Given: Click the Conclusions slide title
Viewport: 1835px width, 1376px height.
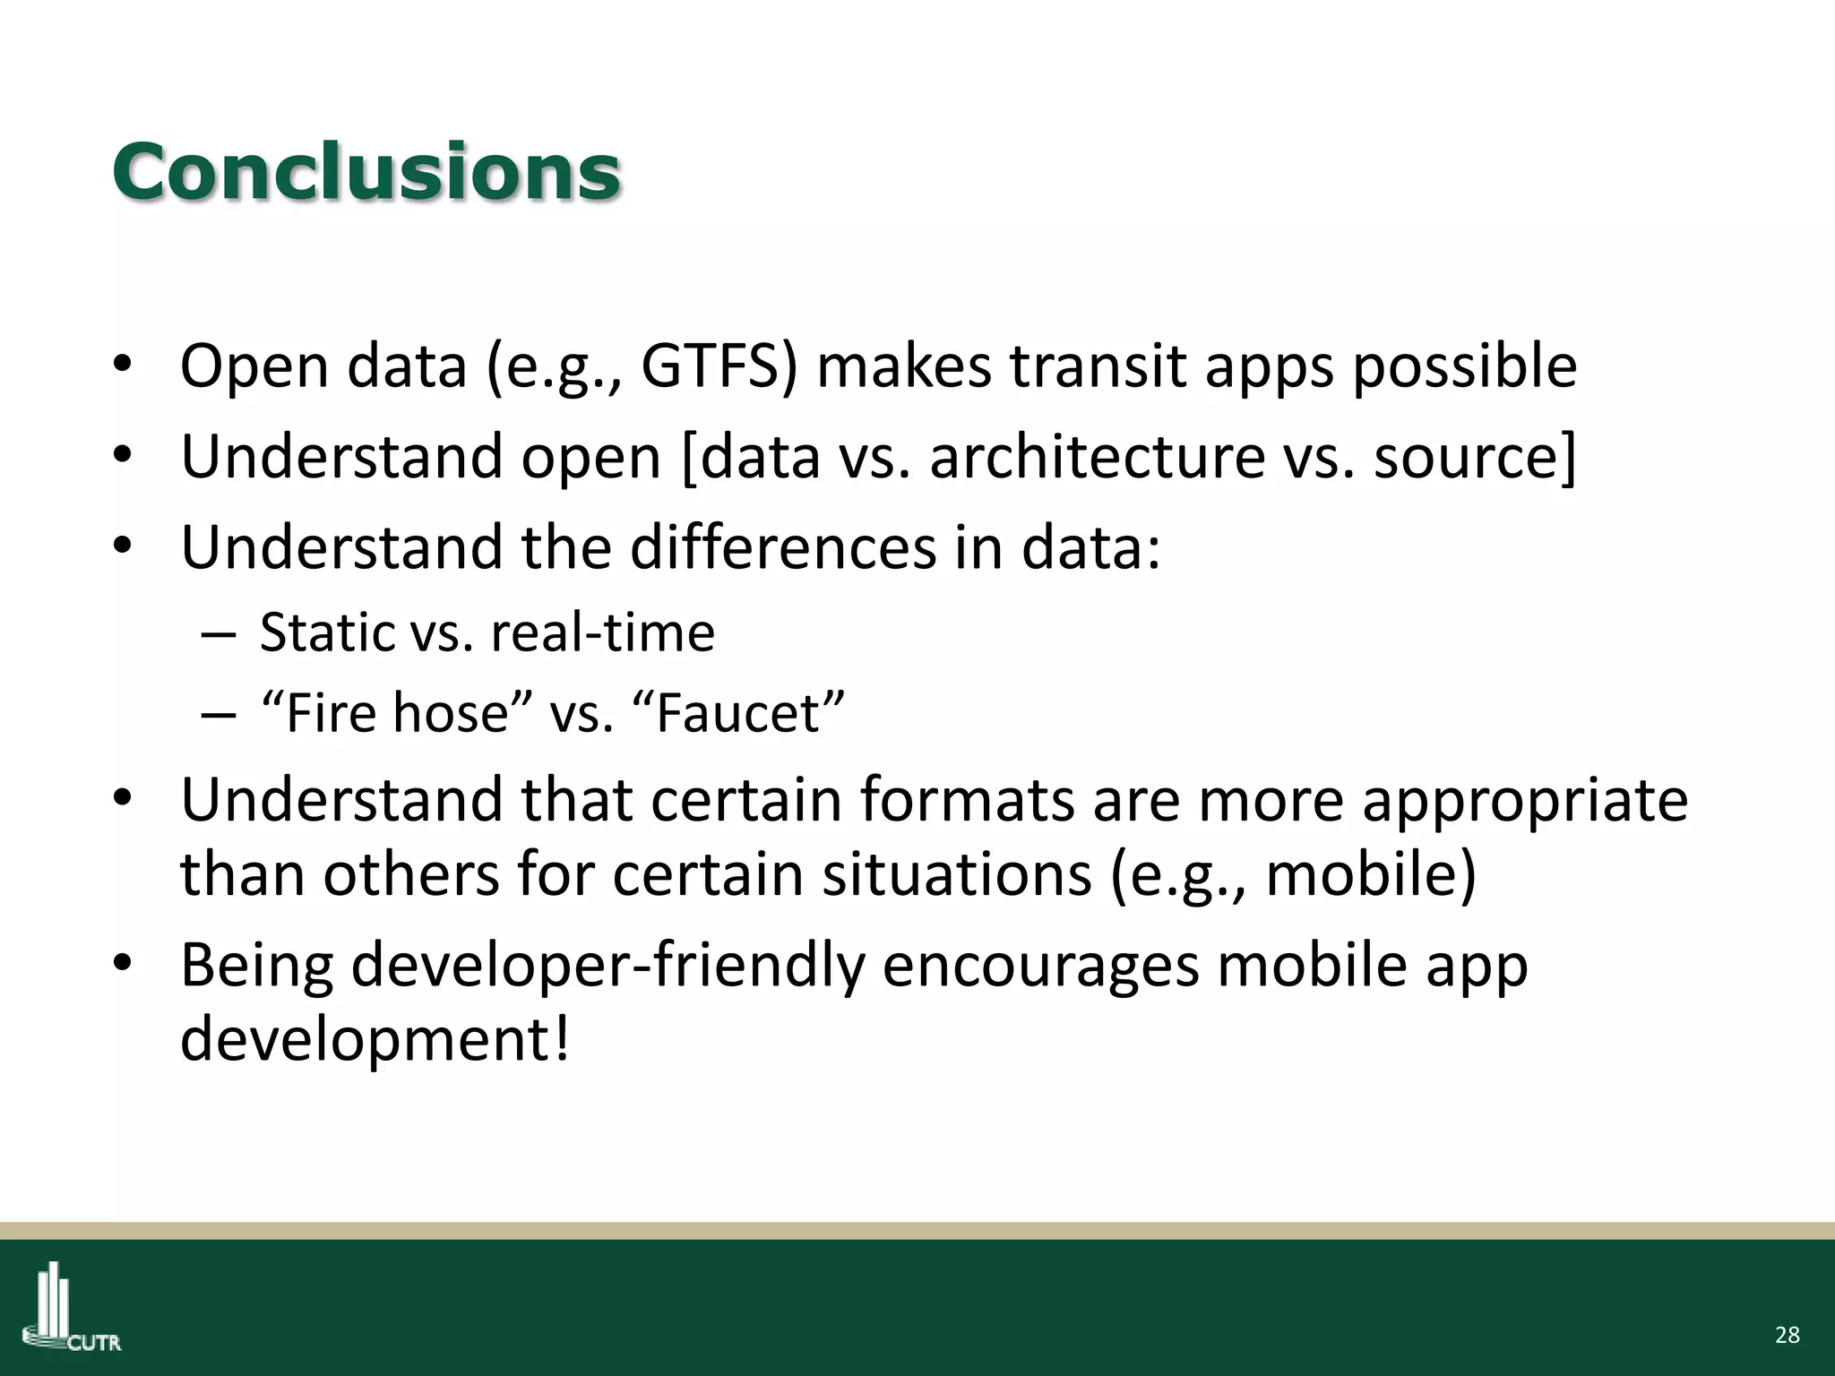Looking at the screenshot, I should click(366, 172).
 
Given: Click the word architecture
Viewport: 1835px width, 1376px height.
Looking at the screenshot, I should click(1097, 457).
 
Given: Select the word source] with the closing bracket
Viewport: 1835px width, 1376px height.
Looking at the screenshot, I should click(1475, 457).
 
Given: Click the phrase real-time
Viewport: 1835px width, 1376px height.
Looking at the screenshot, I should click(602, 632).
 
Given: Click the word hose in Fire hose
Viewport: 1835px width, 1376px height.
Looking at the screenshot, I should click(451, 713).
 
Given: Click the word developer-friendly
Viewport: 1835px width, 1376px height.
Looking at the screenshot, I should click(522, 966).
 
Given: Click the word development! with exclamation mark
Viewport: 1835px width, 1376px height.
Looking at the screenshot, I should click(375, 1039).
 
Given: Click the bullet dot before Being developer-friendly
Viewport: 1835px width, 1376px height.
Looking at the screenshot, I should click(123, 963).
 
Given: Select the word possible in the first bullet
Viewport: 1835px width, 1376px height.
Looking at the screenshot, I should click(1464, 367).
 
